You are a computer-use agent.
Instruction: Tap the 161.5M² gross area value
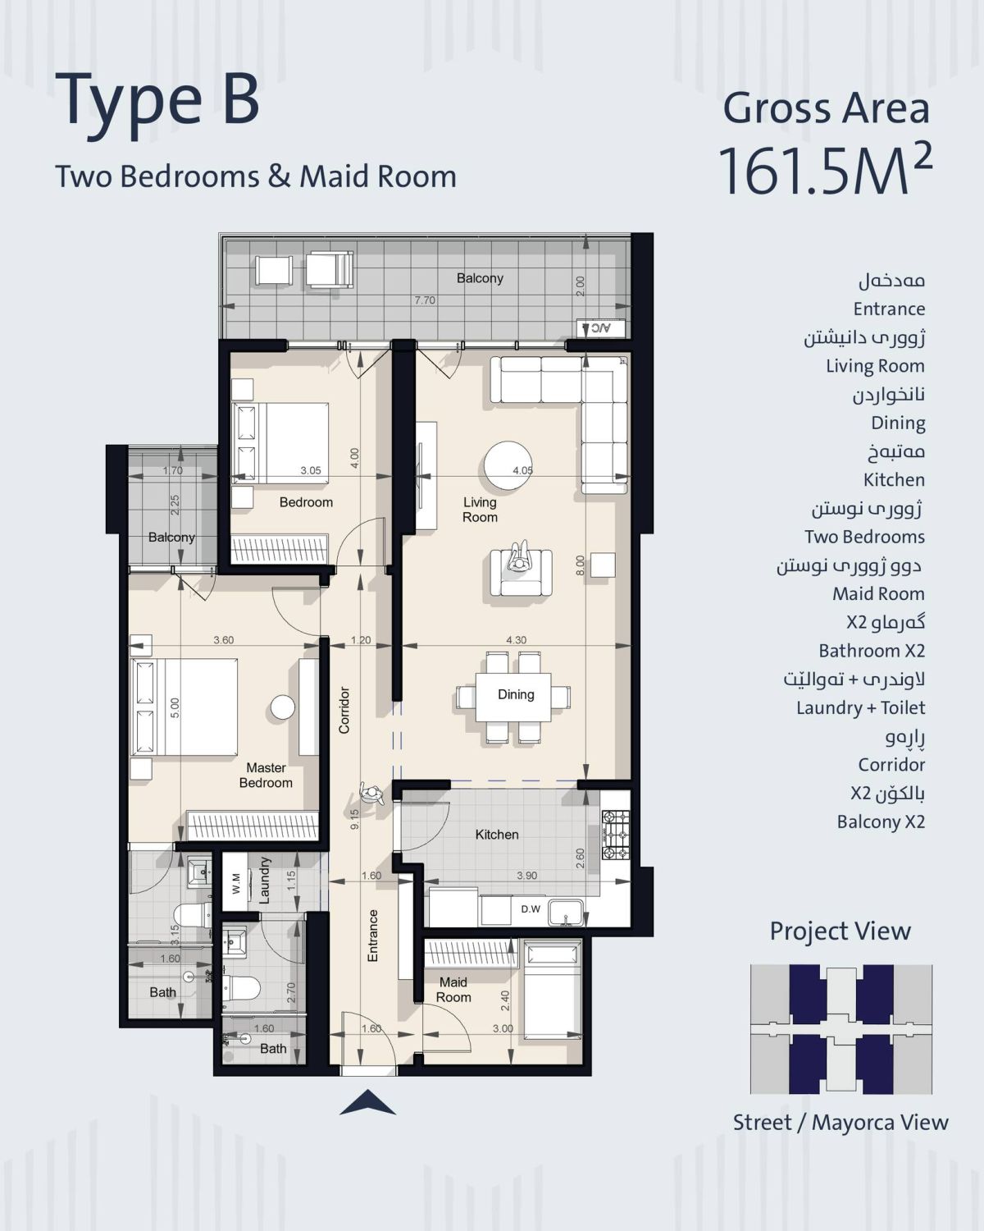824,170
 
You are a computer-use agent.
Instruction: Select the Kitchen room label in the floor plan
497,835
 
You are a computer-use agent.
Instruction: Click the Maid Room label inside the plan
453,990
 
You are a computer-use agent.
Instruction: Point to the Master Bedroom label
266,775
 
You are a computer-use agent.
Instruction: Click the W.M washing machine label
236,884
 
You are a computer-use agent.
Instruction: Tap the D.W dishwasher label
531,908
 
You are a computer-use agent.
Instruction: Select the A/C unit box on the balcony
600,328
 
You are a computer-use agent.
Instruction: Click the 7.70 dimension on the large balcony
425,300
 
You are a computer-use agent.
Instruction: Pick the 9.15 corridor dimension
355,819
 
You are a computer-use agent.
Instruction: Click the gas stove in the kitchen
615,835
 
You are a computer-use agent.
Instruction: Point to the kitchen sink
566,913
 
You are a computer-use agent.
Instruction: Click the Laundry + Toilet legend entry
860,707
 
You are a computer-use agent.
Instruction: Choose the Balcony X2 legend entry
881,821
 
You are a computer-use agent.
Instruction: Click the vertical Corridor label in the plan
344,710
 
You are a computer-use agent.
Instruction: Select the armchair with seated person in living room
521,573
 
